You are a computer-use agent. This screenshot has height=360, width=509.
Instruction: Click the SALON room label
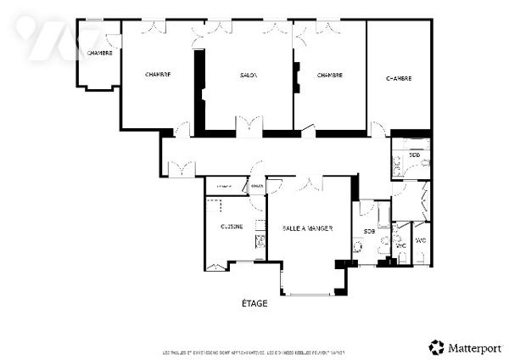249,76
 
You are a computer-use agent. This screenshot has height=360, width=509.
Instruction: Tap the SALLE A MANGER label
307,228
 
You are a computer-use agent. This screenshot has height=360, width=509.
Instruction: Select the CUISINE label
232,227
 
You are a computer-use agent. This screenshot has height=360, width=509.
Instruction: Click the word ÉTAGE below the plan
255,303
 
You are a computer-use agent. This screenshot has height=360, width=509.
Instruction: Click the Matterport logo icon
437,347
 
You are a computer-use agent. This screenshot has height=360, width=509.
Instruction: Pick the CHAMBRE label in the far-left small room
99,53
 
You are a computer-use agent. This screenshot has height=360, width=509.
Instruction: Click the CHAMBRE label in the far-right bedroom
399,78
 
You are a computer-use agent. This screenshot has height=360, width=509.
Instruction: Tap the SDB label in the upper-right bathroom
414,155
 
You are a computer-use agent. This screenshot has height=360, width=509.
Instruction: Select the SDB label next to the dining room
369,231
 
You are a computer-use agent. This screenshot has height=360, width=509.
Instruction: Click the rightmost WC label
421,240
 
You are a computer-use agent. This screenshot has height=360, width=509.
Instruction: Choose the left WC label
401,245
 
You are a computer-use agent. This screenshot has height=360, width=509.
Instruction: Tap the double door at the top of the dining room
310,182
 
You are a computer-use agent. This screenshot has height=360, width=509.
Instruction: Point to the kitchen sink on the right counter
260,240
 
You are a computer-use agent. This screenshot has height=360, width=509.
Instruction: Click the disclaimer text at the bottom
255,352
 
